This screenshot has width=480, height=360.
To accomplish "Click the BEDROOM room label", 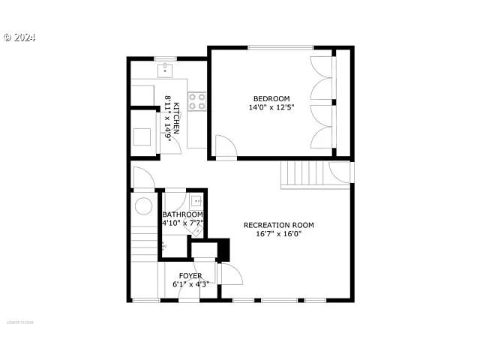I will pos(271,98).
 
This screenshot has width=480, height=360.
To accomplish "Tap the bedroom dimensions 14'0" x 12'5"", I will pos(271,107).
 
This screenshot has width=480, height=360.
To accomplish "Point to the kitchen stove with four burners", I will pos(197,101).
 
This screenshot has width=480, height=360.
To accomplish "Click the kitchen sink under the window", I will pos(165,70).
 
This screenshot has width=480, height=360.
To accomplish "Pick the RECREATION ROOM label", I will pos(278,225).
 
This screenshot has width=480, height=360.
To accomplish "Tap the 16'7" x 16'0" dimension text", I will pos(278,234).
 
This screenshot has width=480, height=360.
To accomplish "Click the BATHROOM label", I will pos(182,214).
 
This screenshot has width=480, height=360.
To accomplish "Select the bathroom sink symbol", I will pos(196,200).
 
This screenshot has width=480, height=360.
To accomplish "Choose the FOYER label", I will pos(190,276).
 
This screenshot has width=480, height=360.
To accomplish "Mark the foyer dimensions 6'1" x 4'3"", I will pos(190,284).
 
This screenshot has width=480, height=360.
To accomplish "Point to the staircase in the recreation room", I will pos(304,175).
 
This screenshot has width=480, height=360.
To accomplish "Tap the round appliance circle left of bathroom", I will pos(143,206).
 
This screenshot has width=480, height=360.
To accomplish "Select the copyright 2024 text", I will pos(19,37).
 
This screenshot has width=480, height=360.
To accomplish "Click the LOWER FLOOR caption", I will pos(20,322).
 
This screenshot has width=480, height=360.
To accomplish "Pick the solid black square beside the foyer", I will pos(223,248).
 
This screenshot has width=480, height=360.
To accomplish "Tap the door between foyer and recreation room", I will pos(229,274).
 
